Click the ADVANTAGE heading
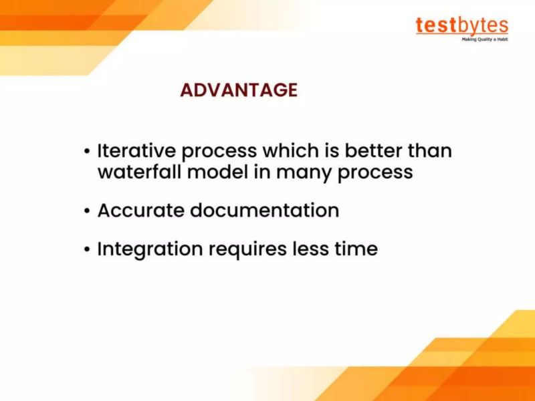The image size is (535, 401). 238,90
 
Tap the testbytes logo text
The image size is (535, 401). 461,25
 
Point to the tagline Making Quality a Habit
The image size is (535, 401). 485,39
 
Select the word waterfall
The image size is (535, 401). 137,172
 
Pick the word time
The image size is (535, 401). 356,249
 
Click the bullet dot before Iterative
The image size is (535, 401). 87,152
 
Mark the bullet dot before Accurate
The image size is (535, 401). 87,211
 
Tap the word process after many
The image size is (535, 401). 374,173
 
